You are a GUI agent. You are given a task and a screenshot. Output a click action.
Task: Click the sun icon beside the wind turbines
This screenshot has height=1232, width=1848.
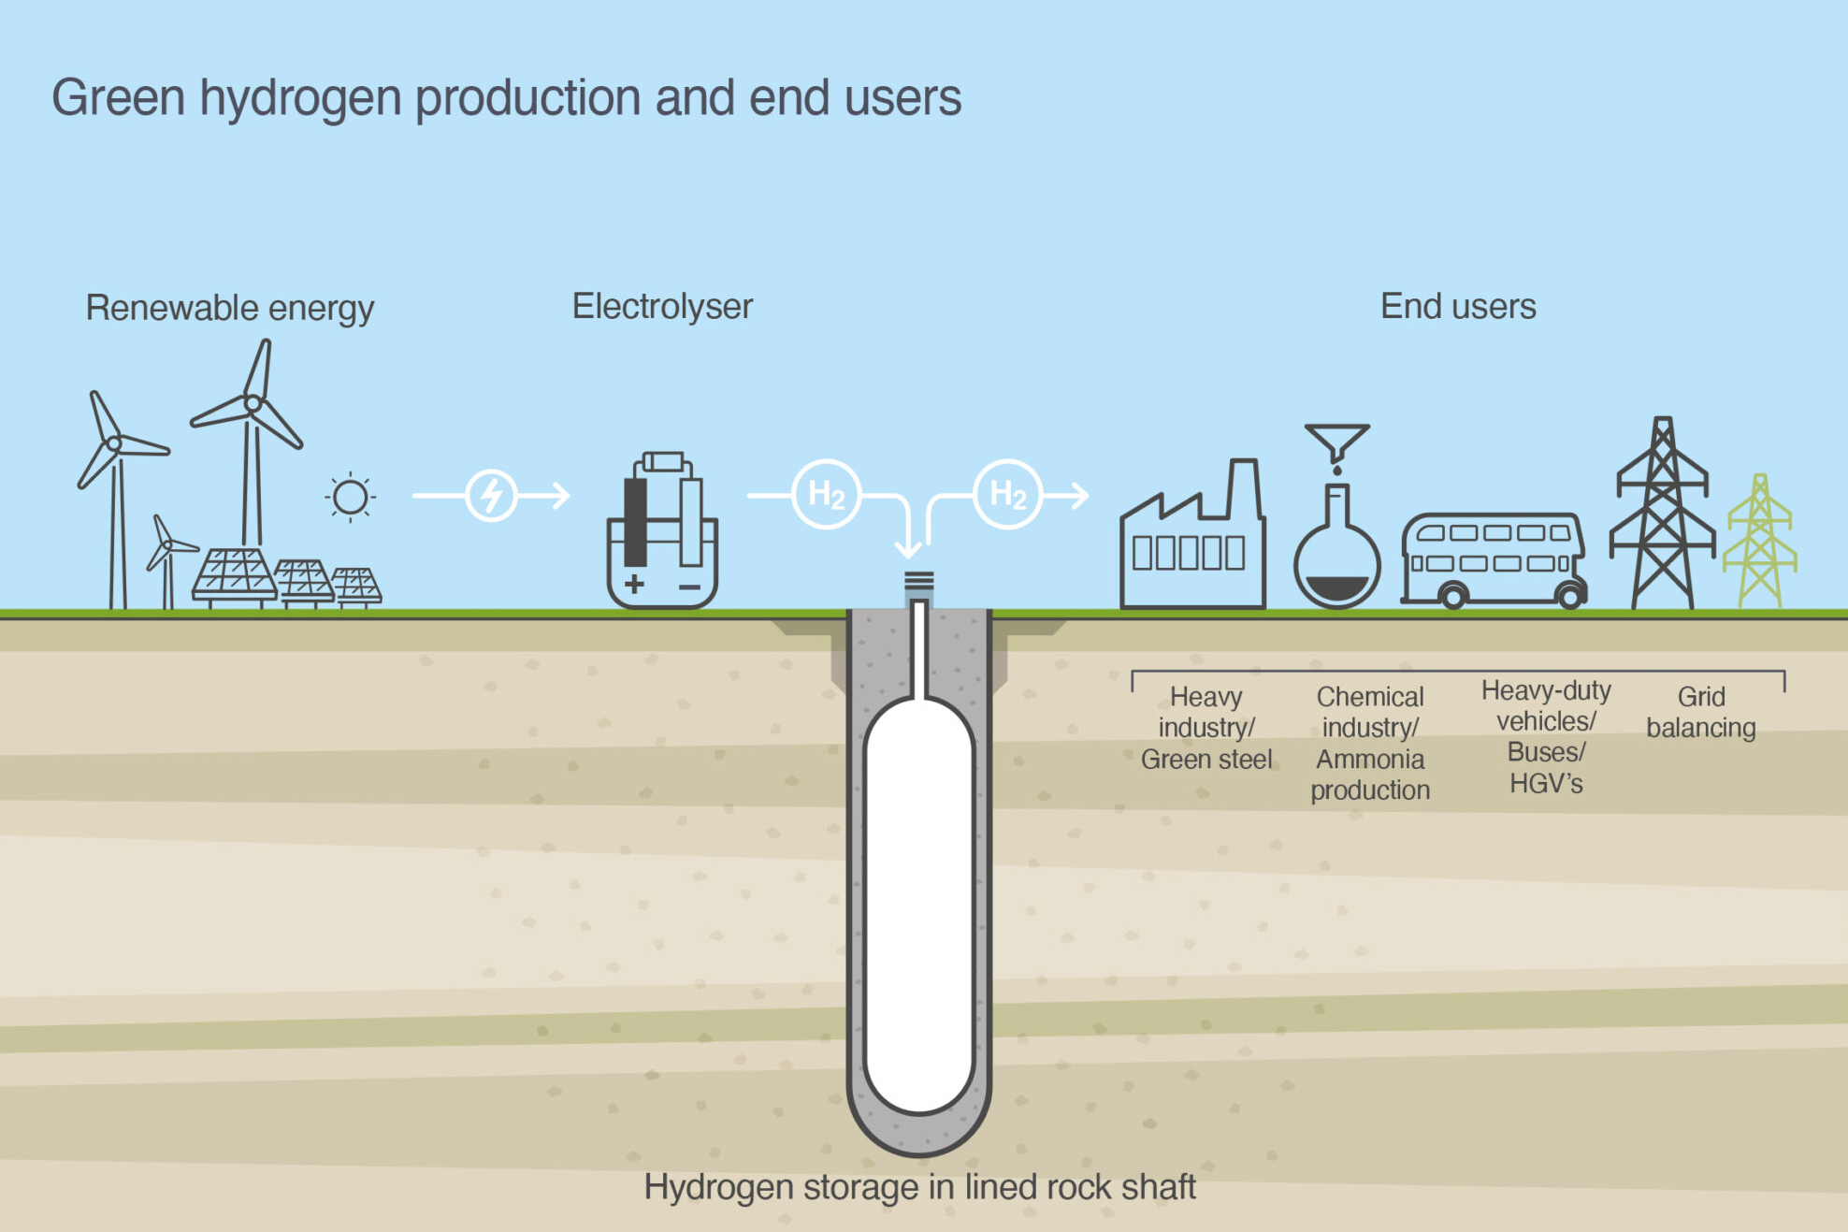click(x=351, y=497)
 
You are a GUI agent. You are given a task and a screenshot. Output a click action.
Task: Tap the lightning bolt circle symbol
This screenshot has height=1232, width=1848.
click(x=491, y=495)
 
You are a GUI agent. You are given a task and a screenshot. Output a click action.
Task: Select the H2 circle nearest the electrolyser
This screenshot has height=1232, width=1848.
click(x=826, y=494)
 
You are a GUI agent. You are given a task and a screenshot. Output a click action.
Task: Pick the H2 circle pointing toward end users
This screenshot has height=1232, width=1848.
click(x=1007, y=494)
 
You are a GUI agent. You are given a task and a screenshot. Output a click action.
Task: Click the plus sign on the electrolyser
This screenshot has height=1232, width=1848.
click(x=634, y=585)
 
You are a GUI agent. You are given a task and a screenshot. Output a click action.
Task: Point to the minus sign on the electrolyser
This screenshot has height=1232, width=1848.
click(x=689, y=587)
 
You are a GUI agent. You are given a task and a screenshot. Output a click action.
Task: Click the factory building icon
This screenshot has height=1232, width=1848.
click(x=1192, y=543)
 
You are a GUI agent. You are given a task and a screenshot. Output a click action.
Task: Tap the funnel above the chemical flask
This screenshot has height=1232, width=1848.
click(x=1337, y=441)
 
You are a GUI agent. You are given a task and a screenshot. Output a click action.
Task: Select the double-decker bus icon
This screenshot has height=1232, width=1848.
click(x=1494, y=558)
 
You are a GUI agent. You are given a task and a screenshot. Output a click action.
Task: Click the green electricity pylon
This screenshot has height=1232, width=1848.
click(x=1760, y=543)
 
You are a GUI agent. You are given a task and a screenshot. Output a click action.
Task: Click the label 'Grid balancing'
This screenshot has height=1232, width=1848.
click(x=1700, y=712)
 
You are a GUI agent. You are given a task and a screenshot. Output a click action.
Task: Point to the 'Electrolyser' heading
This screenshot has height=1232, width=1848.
click(x=662, y=307)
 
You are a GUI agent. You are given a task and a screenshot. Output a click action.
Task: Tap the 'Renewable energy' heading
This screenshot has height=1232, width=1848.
click(x=229, y=308)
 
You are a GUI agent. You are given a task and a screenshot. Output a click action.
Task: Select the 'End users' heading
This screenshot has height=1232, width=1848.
click(x=1457, y=307)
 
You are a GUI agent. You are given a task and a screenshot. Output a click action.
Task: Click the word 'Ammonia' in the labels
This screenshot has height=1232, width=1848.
click(x=1369, y=759)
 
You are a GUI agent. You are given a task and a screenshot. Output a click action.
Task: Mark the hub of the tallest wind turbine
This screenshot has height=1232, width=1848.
click(x=253, y=405)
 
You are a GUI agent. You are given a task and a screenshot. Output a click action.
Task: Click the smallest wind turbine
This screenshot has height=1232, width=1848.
click(x=166, y=561)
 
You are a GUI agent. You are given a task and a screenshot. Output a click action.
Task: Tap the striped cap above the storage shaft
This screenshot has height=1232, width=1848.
click(x=918, y=582)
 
